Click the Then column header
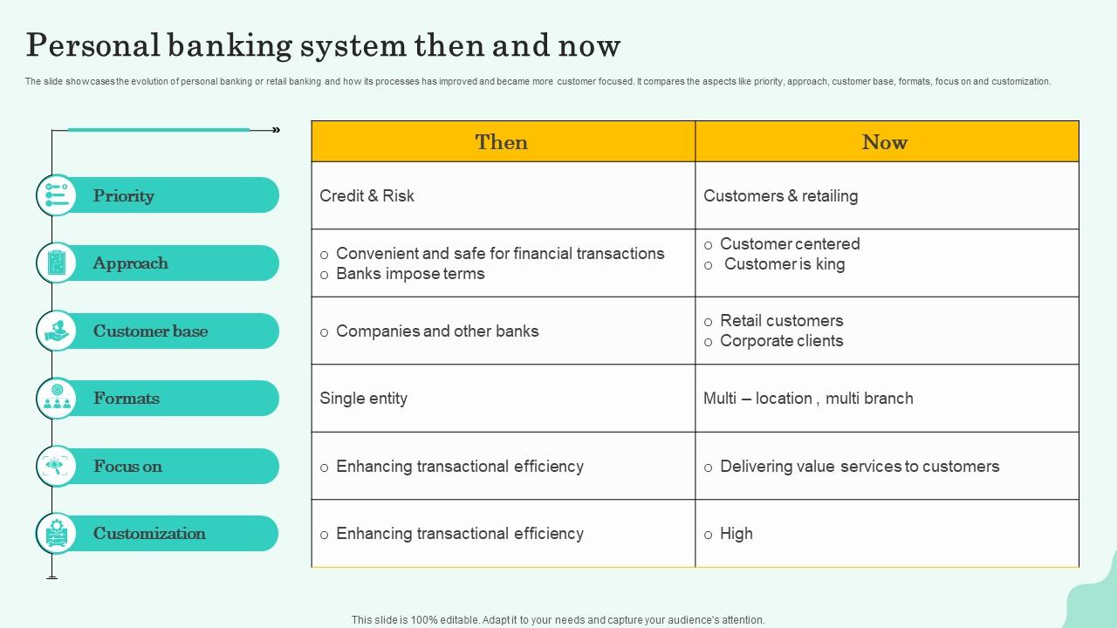501,142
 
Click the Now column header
885,142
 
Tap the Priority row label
123,196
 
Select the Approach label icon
57,263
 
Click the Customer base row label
151,331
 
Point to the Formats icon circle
57,399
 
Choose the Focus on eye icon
57,466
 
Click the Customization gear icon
57,533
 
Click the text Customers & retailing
780,196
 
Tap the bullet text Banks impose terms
410,274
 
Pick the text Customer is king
785,264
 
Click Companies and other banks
437,331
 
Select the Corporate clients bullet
781,341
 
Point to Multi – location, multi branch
808,399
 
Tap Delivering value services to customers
860,466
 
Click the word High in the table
736,534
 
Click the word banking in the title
230,46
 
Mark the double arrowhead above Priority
277,130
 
